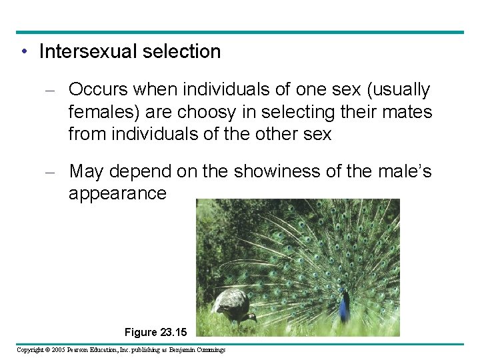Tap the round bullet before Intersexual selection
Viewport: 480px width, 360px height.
tap(24, 52)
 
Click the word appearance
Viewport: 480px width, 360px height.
tap(117, 194)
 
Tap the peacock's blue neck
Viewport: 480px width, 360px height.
tap(344, 308)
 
